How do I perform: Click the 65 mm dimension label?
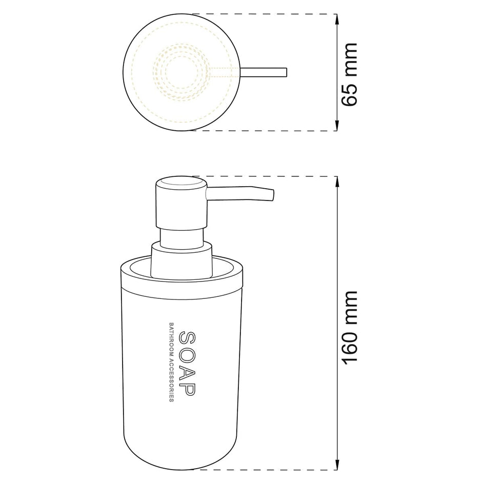click(x=349, y=74)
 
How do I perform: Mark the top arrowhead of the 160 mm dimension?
click(x=337, y=182)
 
